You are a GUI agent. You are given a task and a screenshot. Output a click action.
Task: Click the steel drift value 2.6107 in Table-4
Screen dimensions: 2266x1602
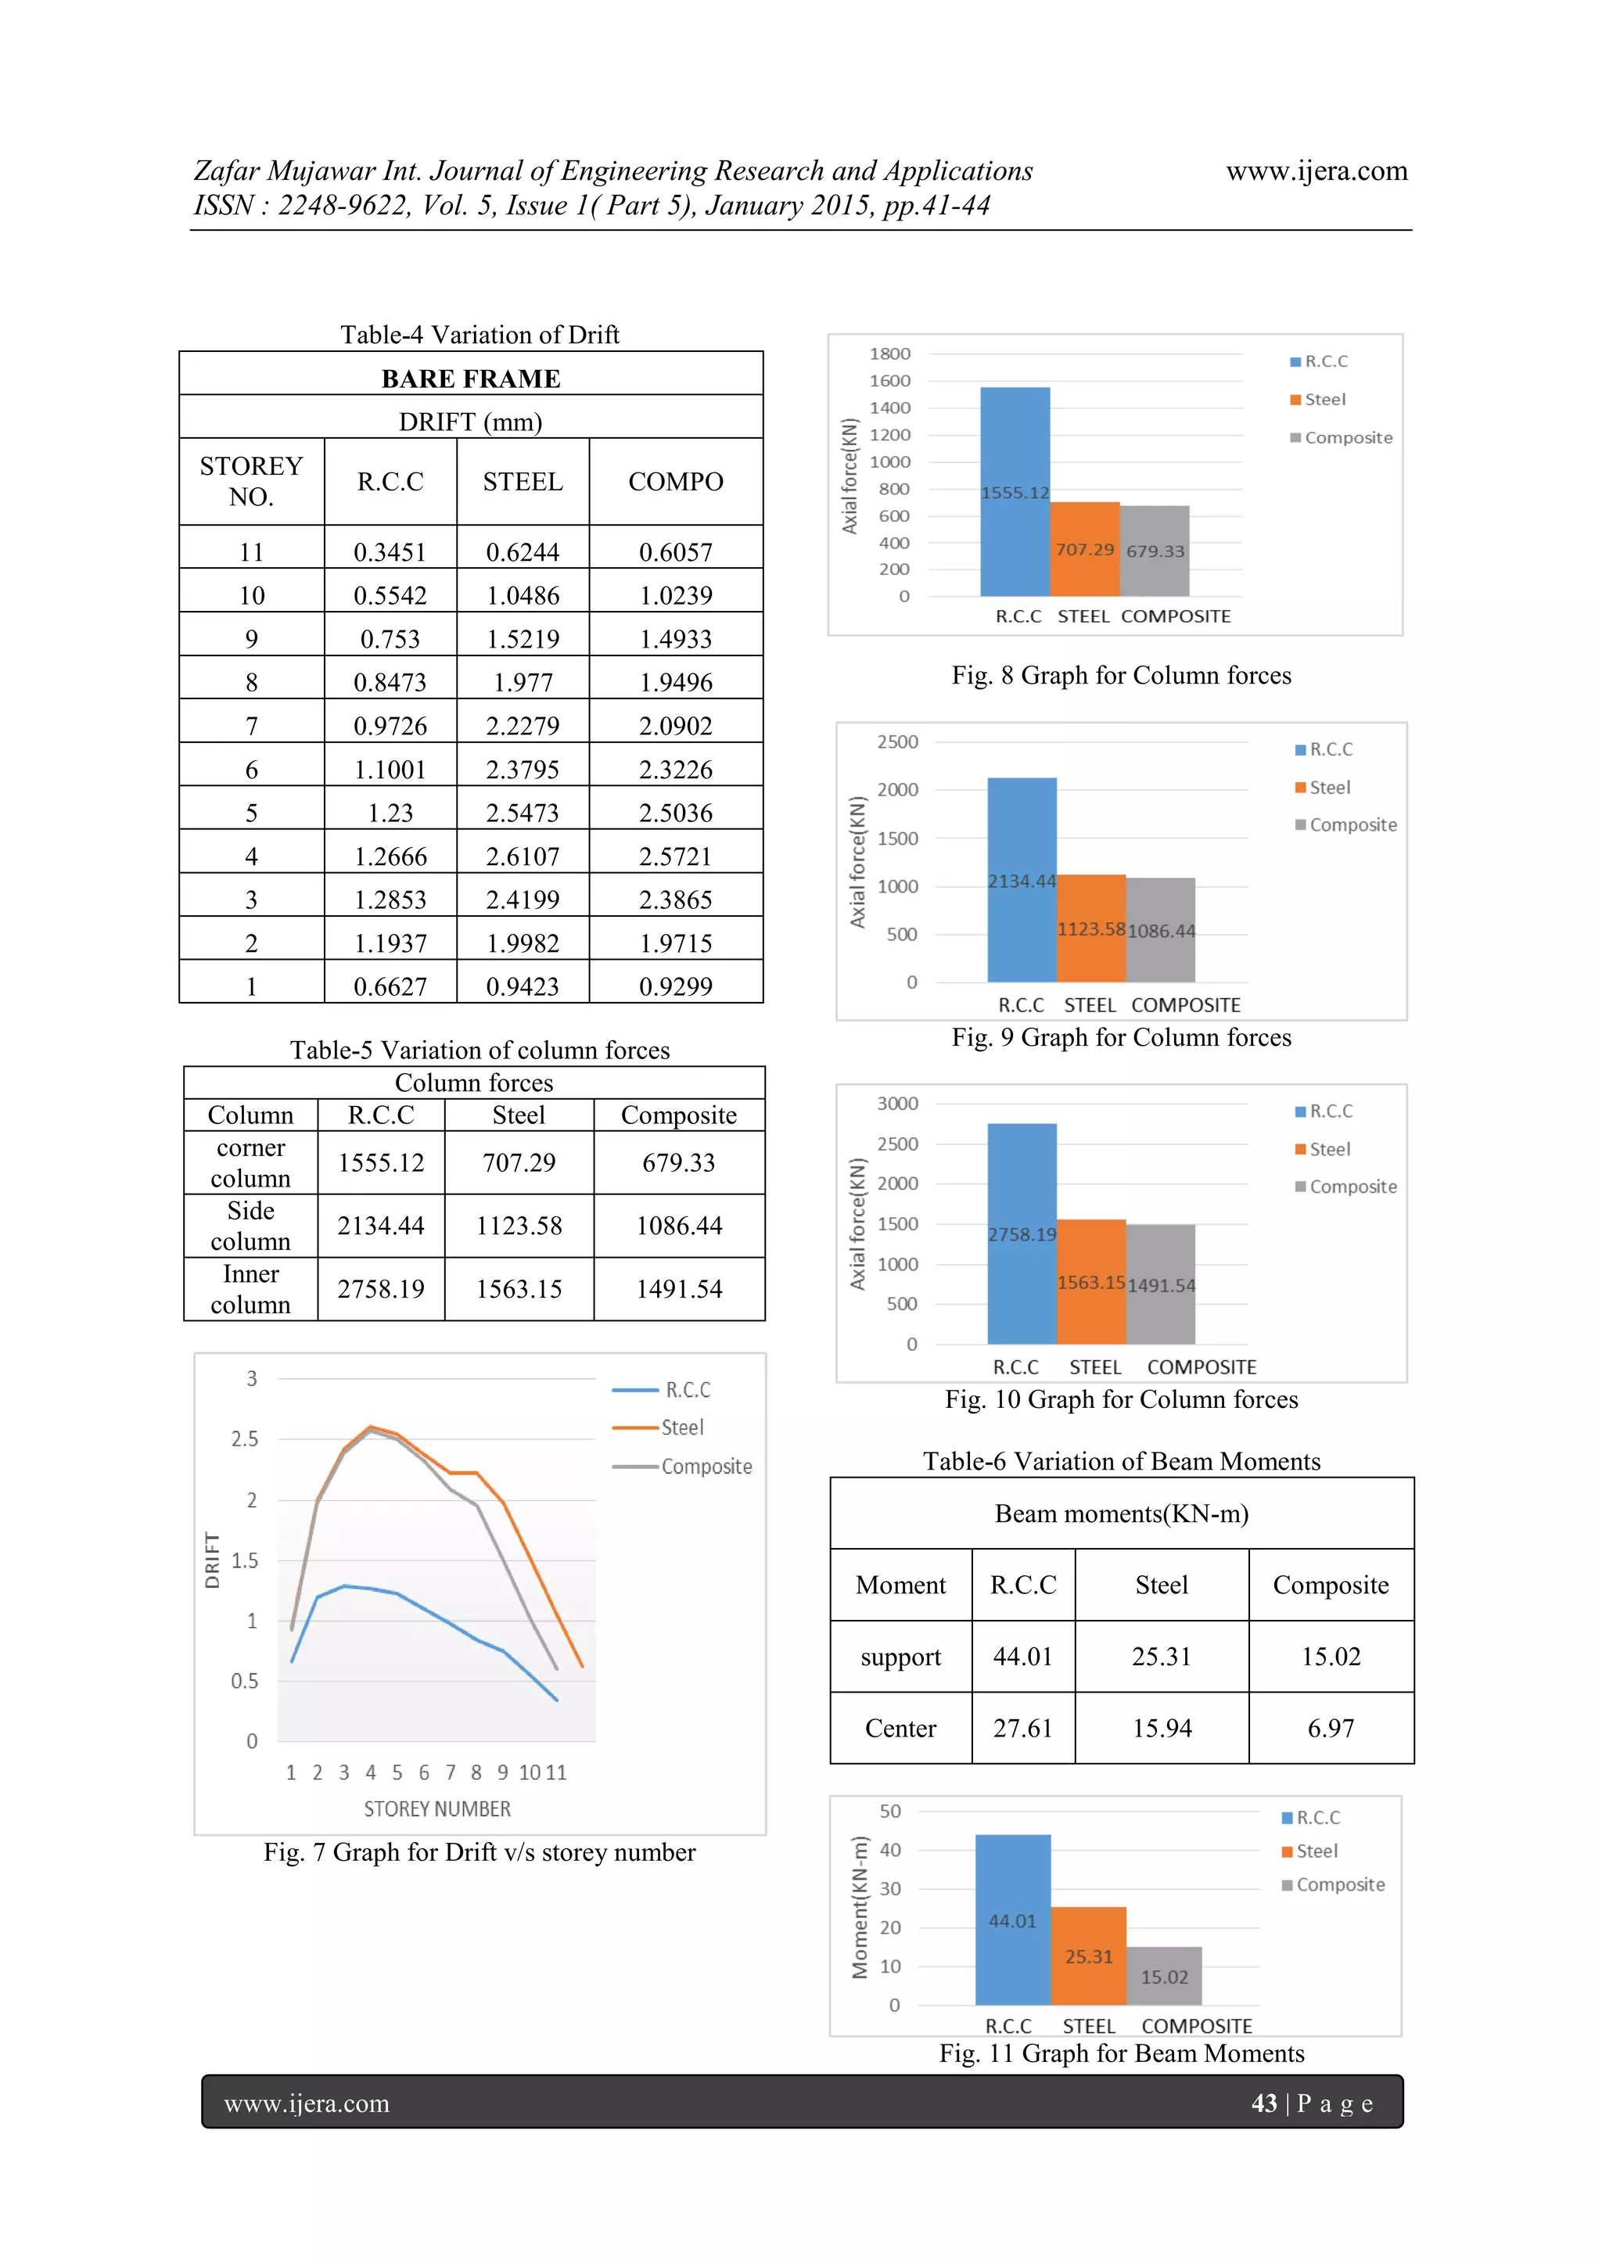pos(523,856)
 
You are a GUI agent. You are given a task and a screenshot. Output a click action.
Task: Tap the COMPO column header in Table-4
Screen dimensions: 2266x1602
pos(675,482)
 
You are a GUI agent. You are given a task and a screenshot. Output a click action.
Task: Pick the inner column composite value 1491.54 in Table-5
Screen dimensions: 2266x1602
pos(679,1289)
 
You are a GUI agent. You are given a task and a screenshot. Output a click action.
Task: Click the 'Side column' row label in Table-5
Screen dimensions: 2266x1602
pos(251,1226)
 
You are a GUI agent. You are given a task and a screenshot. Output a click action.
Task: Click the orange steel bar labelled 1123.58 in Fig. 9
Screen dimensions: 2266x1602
pos(1090,928)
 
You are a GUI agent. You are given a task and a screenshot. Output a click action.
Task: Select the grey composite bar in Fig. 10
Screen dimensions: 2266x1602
pos(1161,1283)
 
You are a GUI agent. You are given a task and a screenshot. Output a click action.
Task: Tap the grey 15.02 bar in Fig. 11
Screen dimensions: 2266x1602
pos(1164,1977)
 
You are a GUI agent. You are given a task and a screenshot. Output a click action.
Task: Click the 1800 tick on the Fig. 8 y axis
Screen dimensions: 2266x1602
pos(889,354)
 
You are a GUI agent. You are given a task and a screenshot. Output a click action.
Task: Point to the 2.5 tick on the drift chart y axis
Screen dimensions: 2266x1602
pos(245,1439)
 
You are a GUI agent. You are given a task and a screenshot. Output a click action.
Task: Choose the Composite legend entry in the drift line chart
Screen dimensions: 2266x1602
pos(706,1467)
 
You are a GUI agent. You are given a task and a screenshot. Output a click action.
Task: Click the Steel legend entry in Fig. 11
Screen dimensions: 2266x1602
pos(1316,1851)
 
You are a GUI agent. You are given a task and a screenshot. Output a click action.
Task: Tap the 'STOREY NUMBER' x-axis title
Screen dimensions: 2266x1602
pos(437,1809)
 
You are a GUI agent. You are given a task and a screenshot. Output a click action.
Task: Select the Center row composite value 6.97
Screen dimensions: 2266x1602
pos(1331,1728)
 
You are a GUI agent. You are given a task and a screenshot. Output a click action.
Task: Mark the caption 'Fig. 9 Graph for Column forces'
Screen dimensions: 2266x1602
pos(1121,1037)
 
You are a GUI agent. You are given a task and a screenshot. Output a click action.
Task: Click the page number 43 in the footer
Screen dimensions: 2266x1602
pos(1263,2103)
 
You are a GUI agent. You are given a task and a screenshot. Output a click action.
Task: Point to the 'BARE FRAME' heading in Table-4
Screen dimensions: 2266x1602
pos(471,379)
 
